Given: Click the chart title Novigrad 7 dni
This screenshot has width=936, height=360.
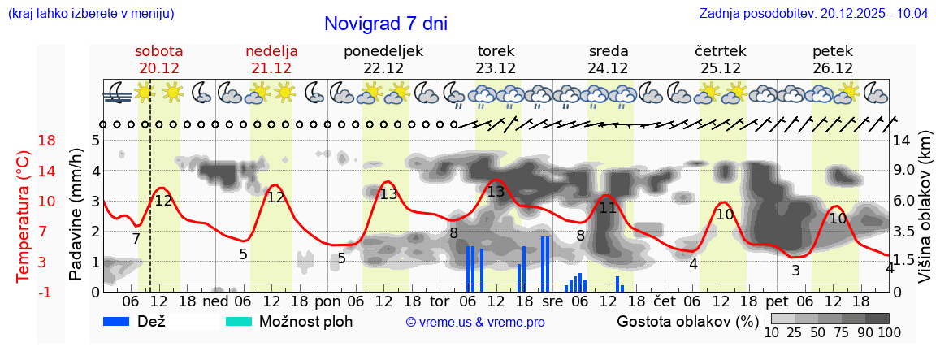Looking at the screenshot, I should pyautogui.click(x=385, y=24).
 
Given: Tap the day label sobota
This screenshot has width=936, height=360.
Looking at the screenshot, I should pyautogui.click(x=158, y=51).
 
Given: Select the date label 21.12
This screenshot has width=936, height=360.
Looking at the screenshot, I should pyautogui.click(x=271, y=68).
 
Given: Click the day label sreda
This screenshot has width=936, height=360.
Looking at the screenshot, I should pyautogui.click(x=608, y=51).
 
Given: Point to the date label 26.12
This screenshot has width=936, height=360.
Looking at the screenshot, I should pyautogui.click(x=833, y=68).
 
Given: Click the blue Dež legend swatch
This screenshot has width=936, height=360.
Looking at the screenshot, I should pyautogui.click(x=123, y=321).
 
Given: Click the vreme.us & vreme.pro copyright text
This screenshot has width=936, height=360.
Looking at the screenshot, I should pyautogui.click(x=475, y=322).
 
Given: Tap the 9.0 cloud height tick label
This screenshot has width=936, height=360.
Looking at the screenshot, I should pyautogui.click(x=903, y=171).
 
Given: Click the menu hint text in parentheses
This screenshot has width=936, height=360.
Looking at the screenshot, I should pyautogui.click(x=90, y=14).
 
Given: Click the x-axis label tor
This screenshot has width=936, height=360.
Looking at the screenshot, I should pyautogui.click(x=440, y=302).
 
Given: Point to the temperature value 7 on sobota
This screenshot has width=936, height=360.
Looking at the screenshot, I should pyautogui.click(x=136, y=239).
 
